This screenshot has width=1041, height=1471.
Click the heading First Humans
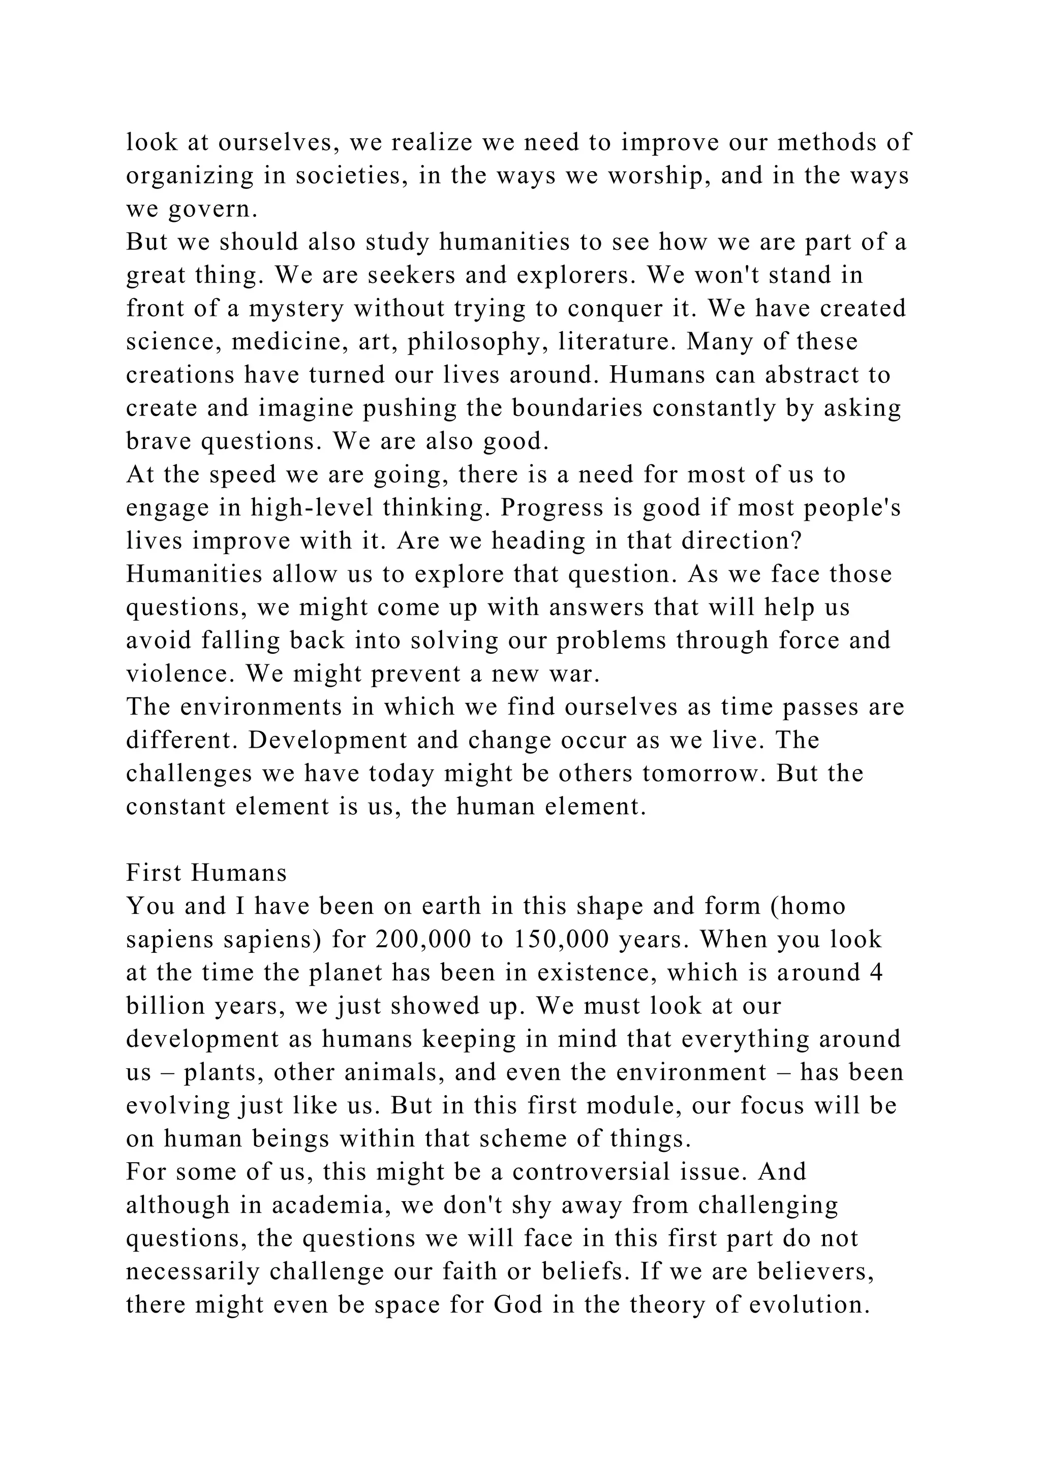tap(206, 873)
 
